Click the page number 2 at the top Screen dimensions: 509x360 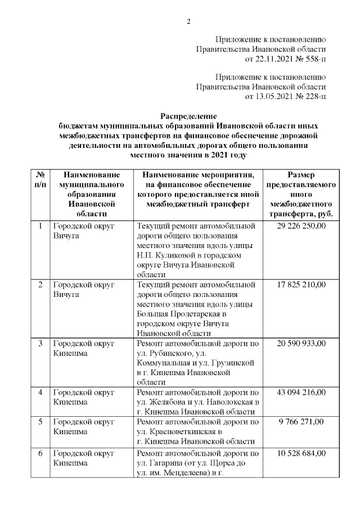click(x=189, y=22)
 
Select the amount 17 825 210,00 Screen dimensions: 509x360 click(x=301, y=284)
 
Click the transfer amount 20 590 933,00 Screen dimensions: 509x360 click(x=301, y=343)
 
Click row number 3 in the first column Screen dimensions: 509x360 click(x=40, y=343)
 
